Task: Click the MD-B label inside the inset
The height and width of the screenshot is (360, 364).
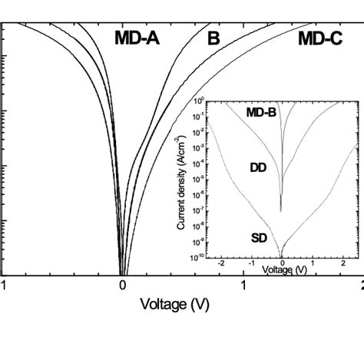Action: click(x=261, y=113)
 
